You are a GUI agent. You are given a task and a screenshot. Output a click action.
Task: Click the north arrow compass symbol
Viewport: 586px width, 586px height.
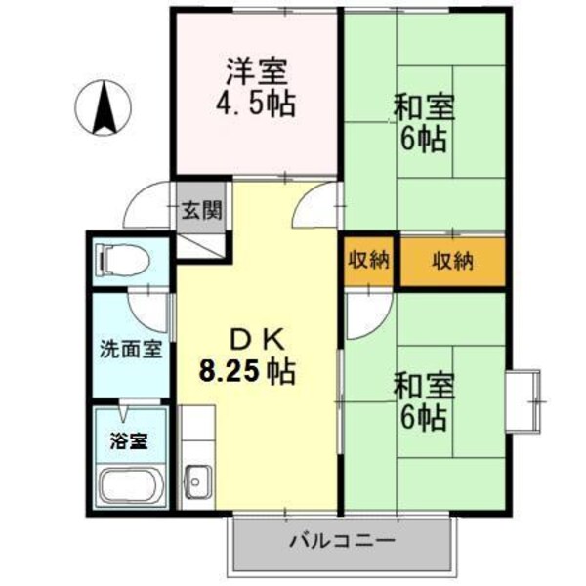pos(105,107)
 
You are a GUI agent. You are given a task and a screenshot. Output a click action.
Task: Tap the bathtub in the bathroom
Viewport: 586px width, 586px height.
pos(132,484)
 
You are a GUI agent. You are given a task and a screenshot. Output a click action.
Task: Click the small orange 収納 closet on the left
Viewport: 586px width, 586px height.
pos(367,261)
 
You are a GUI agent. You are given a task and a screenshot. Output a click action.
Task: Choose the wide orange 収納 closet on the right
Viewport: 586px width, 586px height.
pos(453,261)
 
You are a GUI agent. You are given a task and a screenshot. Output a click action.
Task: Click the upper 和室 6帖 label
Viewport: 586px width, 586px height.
pos(421,121)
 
